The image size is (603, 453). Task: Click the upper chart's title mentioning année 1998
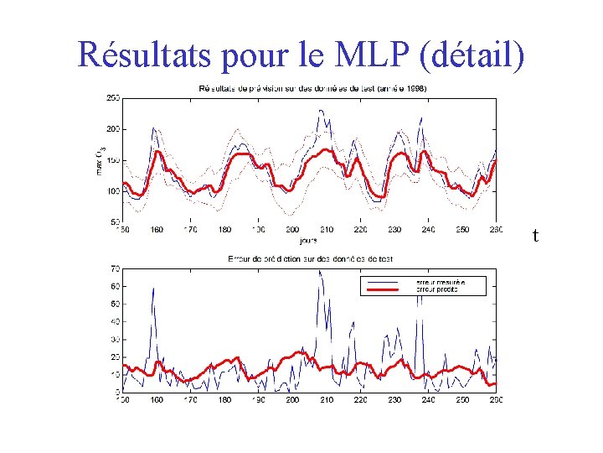312,88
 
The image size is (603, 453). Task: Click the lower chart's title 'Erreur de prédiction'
310,258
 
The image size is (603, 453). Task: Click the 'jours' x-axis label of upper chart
310,238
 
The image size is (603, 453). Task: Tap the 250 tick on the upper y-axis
111,97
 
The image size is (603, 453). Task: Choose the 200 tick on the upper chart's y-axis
111,128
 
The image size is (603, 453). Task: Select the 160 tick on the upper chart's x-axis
157,229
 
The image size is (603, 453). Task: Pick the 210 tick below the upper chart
326,229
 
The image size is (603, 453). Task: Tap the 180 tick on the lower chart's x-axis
224,400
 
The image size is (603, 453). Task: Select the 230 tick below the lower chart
394,400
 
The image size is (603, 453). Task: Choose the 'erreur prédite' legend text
438,289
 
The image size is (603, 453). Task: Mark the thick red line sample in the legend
388,289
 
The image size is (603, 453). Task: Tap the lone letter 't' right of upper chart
535,237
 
